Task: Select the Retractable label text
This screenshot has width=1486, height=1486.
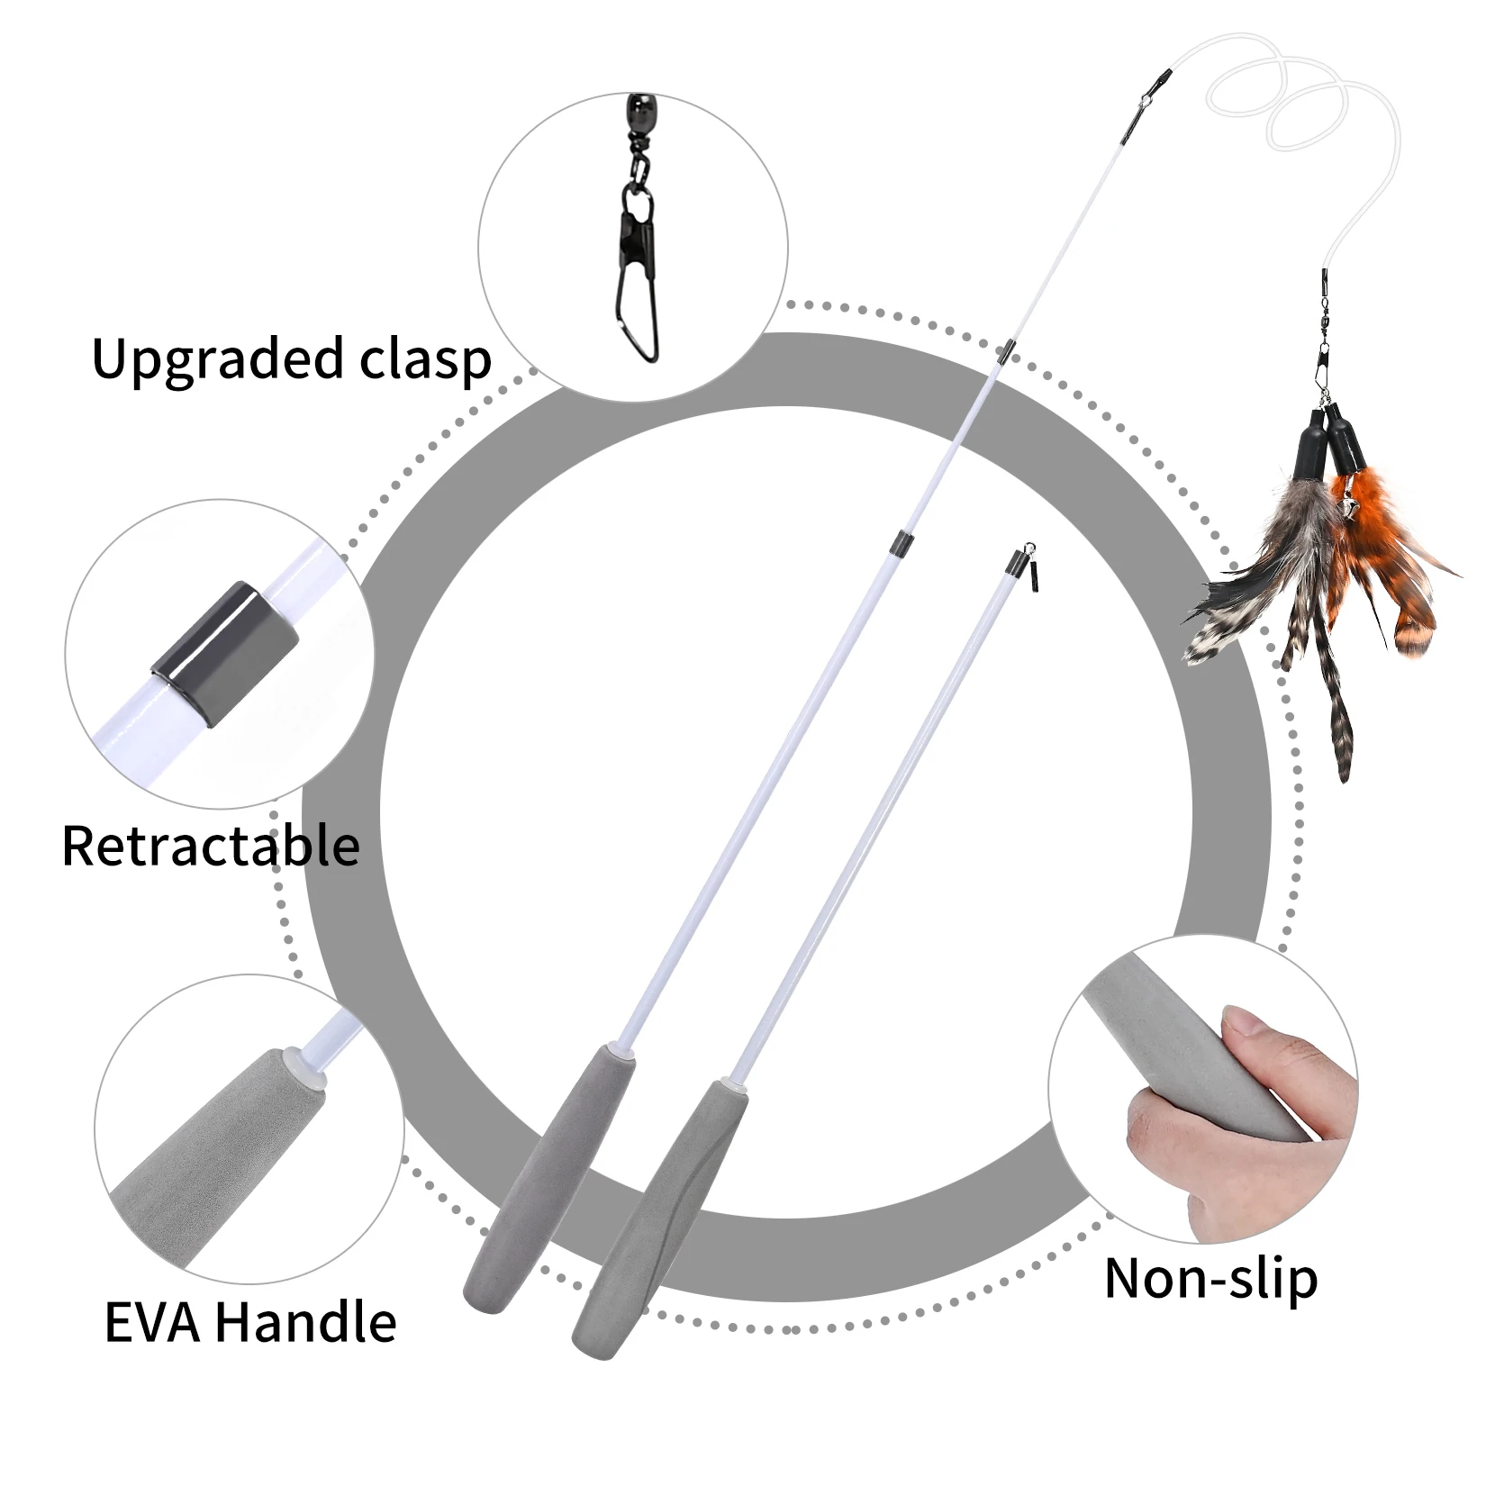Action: pos(211,846)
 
